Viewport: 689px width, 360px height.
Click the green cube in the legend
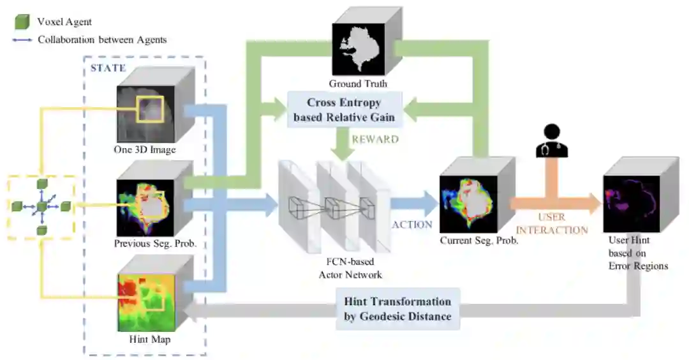click(x=22, y=22)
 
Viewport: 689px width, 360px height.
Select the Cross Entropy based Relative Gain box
click(x=344, y=109)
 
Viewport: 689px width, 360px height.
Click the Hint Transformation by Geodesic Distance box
click(x=397, y=309)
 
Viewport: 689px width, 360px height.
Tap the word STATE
click(x=108, y=68)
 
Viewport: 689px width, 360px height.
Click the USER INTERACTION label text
click(x=551, y=224)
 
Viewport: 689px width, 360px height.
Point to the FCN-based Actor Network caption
click(x=350, y=268)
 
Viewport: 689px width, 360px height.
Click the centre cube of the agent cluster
click(x=42, y=207)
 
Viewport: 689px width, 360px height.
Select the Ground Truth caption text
click(x=358, y=84)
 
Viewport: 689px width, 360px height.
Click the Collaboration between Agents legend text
click(x=102, y=40)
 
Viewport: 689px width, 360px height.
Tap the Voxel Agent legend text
click(x=64, y=22)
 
